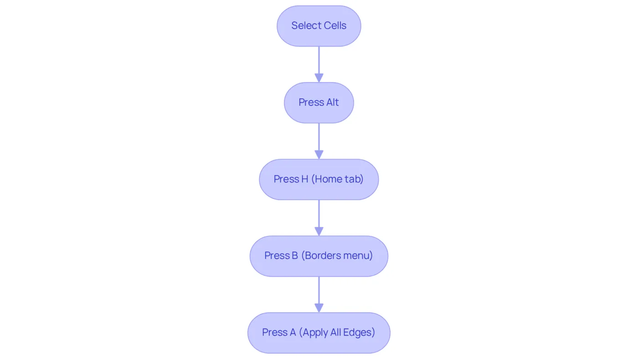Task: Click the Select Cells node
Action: coord(319,26)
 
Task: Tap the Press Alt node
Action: coord(319,103)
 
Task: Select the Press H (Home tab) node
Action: coord(319,180)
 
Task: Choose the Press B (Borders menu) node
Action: coord(319,256)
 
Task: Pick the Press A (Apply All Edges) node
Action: coord(319,333)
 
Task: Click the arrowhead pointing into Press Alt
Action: coord(319,78)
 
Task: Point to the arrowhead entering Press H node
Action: coord(319,154)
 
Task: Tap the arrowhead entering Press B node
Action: coord(319,231)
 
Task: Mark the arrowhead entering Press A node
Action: coord(319,308)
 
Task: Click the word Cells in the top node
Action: coord(333,26)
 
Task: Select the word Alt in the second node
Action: coord(332,102)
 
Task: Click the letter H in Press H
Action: coord(305,179)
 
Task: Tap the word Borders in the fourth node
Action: coord(323,256)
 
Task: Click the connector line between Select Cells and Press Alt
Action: coord(319,60)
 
